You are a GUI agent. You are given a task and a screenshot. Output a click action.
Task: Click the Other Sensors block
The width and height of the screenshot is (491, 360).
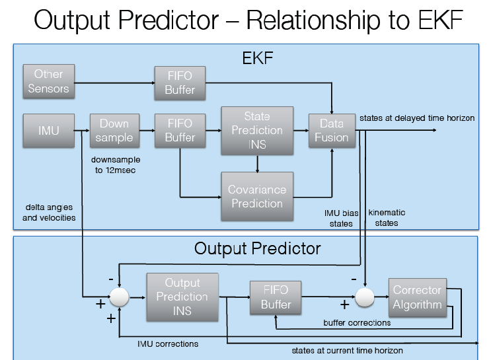click(48, 81)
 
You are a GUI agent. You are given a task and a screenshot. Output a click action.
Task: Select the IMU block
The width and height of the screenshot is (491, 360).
click(48, 130)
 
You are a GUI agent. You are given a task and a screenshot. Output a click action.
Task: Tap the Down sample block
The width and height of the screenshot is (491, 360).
click(114, 130)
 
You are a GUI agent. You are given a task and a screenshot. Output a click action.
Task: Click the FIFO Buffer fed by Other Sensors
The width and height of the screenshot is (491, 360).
click(180, 83)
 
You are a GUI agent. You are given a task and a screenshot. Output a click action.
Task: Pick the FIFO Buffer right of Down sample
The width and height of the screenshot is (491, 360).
click(180, 130)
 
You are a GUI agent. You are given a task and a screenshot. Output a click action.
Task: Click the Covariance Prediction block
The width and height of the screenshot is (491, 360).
click(257, 196)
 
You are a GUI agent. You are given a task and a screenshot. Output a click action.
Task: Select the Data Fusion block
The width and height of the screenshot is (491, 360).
click(332, 130)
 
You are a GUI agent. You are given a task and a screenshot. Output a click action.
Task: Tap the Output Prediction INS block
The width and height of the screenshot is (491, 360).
click(182, 297)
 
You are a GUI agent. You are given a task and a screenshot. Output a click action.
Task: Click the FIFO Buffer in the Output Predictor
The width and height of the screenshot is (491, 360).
click(276, 297)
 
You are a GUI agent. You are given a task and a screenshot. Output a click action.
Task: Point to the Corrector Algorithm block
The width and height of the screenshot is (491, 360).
click(417, 297)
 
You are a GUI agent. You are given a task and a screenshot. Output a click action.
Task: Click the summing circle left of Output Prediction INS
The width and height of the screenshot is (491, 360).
click(119, 297)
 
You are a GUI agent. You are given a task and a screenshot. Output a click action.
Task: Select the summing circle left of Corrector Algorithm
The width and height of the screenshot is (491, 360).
click(363, 297)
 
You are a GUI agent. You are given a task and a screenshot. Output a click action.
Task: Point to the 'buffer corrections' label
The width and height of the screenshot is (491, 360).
click(357, 322)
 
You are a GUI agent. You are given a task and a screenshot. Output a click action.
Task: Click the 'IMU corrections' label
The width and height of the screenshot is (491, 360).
click(167, 343)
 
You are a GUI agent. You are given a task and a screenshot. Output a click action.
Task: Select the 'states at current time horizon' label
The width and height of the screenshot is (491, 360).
click(347, 350)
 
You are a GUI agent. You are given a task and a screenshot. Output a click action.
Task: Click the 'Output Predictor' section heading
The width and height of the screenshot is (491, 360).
click(257, 248)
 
